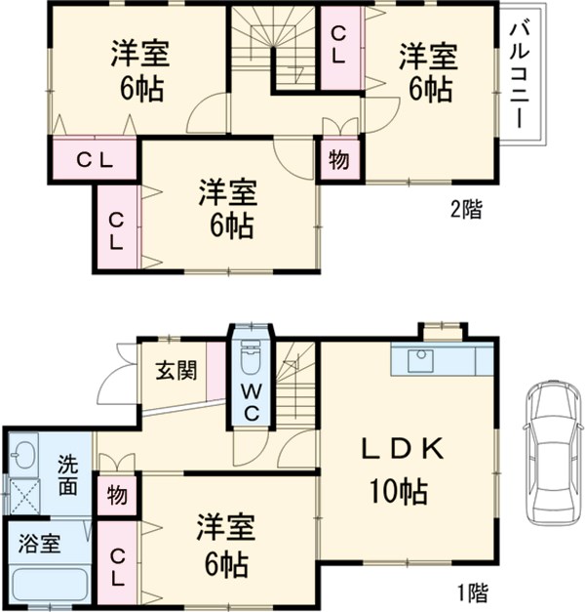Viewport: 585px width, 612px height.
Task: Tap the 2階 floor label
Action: tap(464, 209)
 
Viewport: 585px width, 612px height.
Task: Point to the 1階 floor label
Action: tap(471, 592)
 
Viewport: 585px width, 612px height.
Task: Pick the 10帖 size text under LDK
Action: tap(397, 491)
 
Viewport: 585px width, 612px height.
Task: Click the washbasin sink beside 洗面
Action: tap(22, 455)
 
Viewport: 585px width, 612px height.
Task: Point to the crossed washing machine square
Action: tap(23, 497)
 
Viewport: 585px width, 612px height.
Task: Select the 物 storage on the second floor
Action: tap(335, 158)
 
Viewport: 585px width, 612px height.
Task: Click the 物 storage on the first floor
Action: tap(116, 494)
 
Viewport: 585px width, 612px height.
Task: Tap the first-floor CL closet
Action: tap(116, 567)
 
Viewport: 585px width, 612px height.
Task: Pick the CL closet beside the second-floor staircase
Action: tap(337, 45)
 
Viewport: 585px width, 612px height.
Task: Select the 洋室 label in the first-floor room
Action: tap(225, 528)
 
